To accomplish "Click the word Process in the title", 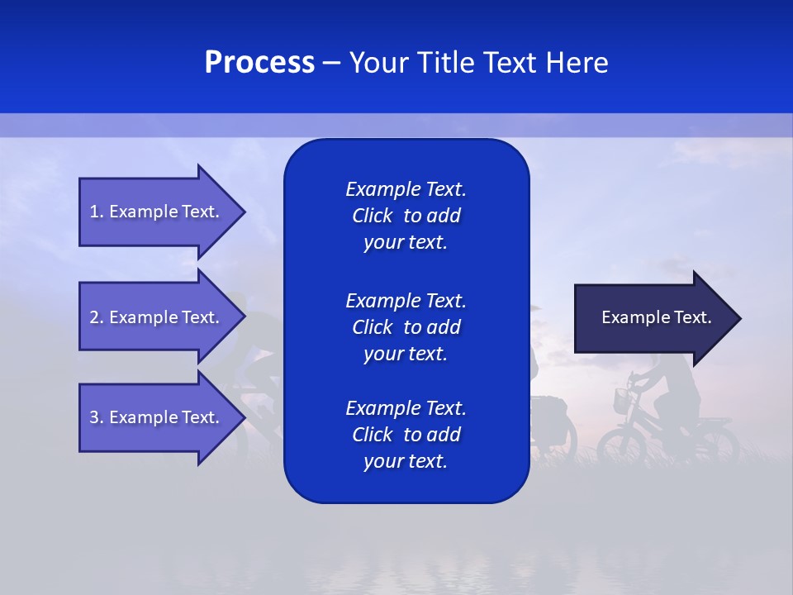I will click(x=259, y=63).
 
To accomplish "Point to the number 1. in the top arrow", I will click(x=97, y=212).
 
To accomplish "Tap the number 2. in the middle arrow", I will click(x=97, y=317).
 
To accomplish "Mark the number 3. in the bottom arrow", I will click(x=97, y=417).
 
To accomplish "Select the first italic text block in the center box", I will click(x=406, y=216).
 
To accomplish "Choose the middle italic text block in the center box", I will click(x=406, y=327).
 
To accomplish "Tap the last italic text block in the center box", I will click(x=406, y=435).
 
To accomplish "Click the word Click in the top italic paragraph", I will click(x=372, y=216).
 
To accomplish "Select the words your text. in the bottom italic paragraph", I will click(x=406, y=461).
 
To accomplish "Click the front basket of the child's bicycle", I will click(x=622, y=402).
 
